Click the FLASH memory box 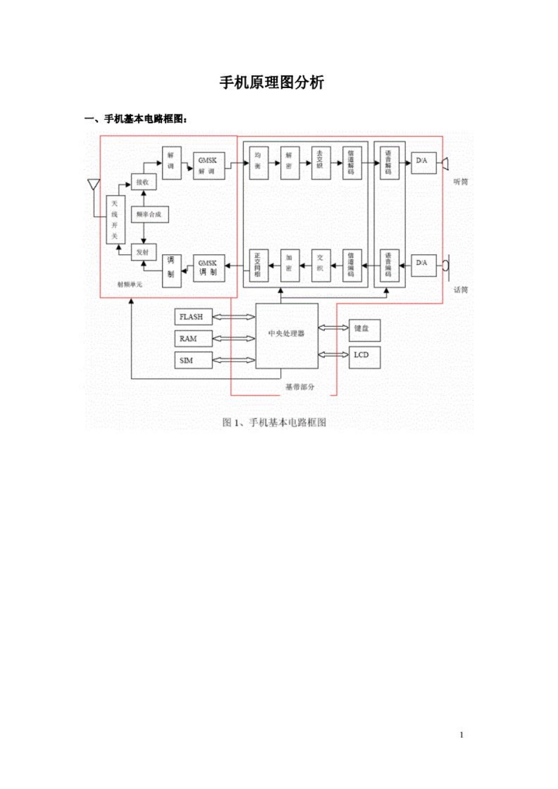tap(193, 317)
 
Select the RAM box tap(193, 339)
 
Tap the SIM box tap(193, 360)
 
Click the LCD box tap(364, 356)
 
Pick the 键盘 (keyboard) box tap(364, 330)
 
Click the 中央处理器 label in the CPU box tap(287, 333)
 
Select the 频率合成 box tap(149, 215)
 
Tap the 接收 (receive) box tap(143, 183)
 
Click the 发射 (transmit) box tap(143, 252)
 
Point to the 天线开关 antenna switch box tap(115, 220)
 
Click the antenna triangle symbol tap(93, 184)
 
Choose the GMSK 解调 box tap(209, 166)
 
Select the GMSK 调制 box tap(209, 268)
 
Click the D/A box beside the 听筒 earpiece tap(423, 161)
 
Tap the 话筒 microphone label tap(460, 290)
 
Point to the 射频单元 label tap(130, 285)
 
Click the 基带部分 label tap(300, 387)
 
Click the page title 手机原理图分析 tap(272, 83)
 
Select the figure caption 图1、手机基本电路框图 tap(274, 423)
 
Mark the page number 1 tap(462, 735)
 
